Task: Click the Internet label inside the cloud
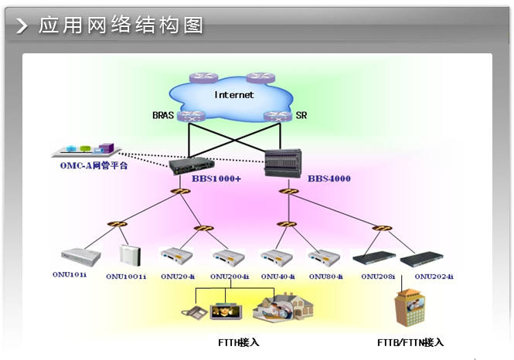click(x=233, y=95)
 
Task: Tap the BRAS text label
click(x=164, y=116)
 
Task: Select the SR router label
click(x=301, y=116)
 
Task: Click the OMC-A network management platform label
click(x=94, y=165)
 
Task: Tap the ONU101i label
click(x=75, y=275)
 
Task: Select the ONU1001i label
click(x=126, y=276)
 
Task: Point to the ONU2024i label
click(x=434, y=276)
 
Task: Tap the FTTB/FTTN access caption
click(x=410, y=341)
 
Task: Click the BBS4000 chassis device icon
click(x=281, y=161)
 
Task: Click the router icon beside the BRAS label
click(x=189, y=116)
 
